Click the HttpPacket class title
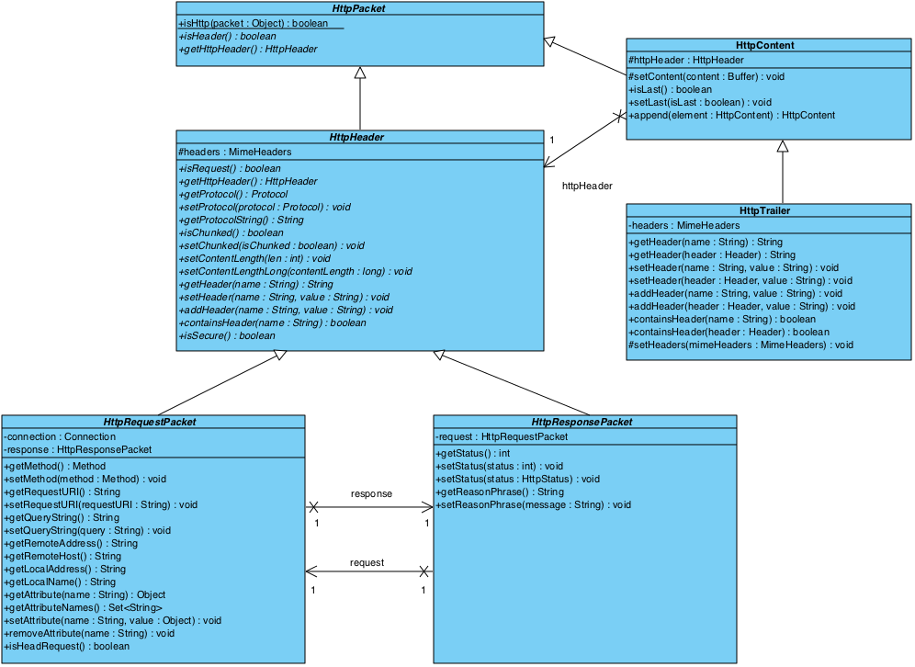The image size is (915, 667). coord(359,8)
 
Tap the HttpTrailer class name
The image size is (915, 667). coord(764,210)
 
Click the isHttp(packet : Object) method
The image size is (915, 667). coord(253,23)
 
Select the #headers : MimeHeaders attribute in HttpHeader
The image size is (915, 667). coord(235,152)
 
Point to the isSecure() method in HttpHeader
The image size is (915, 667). coord(227,335)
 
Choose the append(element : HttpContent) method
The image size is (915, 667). coord(732,115)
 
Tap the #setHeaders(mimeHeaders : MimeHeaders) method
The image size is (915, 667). coord(741,345)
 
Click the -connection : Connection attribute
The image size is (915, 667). coord(60,436)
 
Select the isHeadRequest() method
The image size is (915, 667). coord(67,646)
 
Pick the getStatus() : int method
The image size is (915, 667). coord(472,453)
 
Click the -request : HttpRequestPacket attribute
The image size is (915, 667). coord(502,436)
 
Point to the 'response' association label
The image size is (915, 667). coord(371,493)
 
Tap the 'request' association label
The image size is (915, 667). coord(367,562)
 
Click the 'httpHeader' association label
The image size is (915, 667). coord(587,186)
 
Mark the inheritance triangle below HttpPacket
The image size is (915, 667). coord(360,73)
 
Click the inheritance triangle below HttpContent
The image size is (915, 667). coord(783,146)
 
